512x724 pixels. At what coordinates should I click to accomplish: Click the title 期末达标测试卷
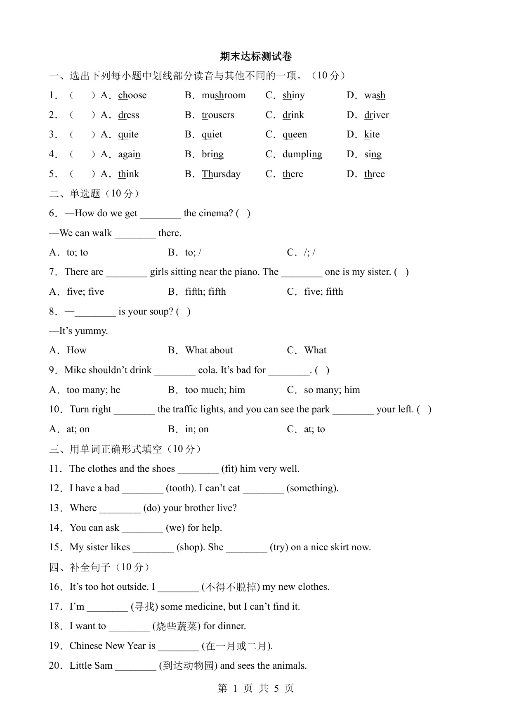(x=256, y=56)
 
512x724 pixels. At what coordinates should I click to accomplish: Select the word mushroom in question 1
(x=223, y=95)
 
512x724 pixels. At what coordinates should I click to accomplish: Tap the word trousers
(x=218, y=115)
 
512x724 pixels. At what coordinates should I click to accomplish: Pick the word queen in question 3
(x=295, y=135)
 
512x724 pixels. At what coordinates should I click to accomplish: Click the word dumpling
(x=302, y=154)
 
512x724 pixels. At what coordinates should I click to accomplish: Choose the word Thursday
(x=221, y=174)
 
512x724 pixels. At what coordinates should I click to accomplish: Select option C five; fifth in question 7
(x=323, y=292)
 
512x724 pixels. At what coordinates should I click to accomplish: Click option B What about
(x=209, y=350)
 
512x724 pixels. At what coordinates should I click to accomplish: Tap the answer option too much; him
(x=215, y=390)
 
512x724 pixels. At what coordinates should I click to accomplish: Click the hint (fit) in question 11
(x=229, y=469)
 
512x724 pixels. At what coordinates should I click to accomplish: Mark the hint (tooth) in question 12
(x=181, y=488)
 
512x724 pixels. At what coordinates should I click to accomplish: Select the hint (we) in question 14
(x=175, y=528)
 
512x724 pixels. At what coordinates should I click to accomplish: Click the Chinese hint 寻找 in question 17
(x=144, y=607)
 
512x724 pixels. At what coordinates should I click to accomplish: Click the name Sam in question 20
(x=103, y=666)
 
